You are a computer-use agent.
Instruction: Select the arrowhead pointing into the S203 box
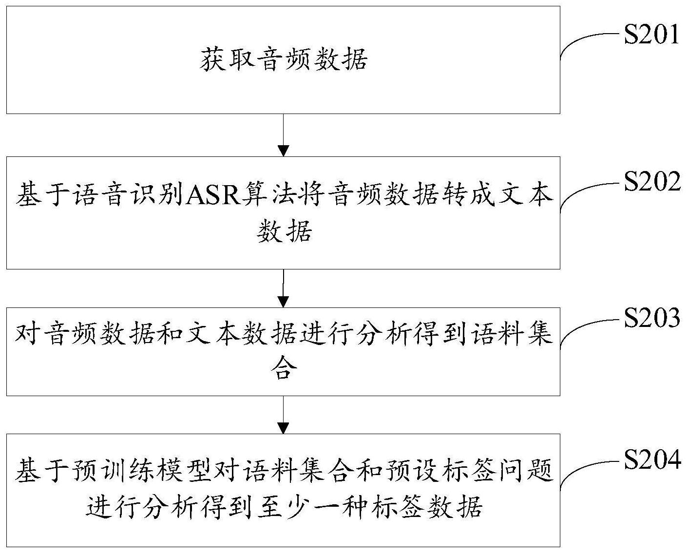tap(283, 302)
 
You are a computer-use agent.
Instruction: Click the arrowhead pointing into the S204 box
tap(283, 428)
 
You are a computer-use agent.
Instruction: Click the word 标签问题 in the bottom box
tap(498, 470)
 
